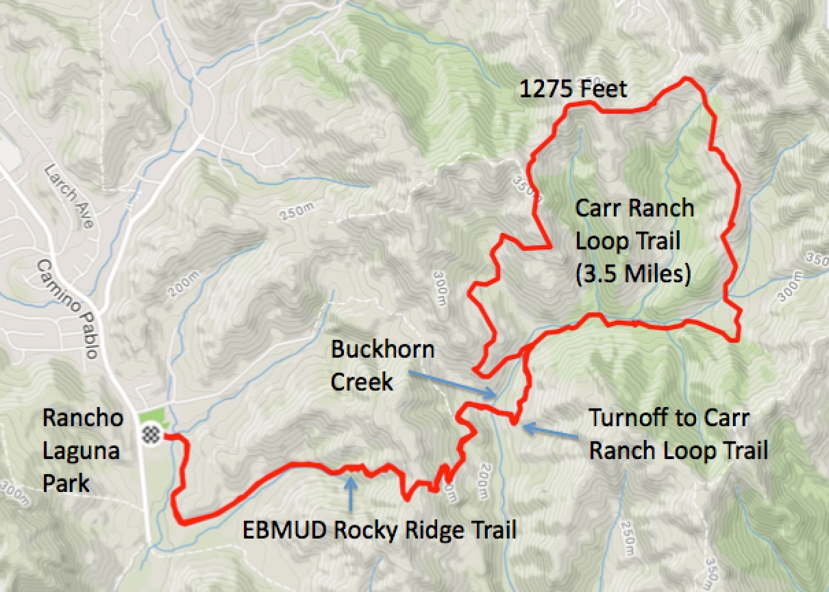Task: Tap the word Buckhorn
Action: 382,349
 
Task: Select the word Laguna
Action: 81,450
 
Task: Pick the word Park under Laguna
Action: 66,482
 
